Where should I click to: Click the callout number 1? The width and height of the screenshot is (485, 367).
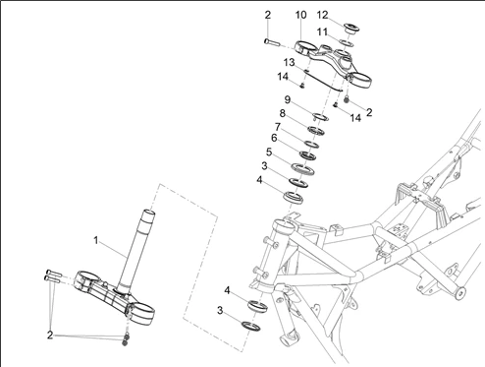point(96,240)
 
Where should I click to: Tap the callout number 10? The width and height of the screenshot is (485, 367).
point(300,15)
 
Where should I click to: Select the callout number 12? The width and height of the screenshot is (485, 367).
point(322,15)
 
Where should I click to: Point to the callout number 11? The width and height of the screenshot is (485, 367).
point(322,32)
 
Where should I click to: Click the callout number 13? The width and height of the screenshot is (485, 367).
point(289,62)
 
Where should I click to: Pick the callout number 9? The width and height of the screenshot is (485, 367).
point(288,99)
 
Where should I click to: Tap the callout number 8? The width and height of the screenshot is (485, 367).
point(282,113)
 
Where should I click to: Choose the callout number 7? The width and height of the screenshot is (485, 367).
point(278,127)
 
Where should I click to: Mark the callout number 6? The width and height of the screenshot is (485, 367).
point(274,139)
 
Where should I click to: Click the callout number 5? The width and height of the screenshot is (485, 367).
point(269,153)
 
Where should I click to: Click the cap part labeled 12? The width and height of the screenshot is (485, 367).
point(351,29)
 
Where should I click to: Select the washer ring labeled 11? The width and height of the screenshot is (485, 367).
point(347,42)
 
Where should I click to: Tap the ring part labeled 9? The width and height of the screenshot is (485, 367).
point(321,116)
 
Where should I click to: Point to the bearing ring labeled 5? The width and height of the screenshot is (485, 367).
point(302,169)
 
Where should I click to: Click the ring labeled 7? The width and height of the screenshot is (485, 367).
point(311,144)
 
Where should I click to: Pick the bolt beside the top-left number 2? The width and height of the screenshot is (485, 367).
point(272,42)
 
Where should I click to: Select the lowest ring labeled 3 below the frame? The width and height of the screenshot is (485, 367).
point(251,326)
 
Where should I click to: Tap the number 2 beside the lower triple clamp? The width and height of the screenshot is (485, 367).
point(50,336)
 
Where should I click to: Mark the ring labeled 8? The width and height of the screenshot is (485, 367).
point(316,131)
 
